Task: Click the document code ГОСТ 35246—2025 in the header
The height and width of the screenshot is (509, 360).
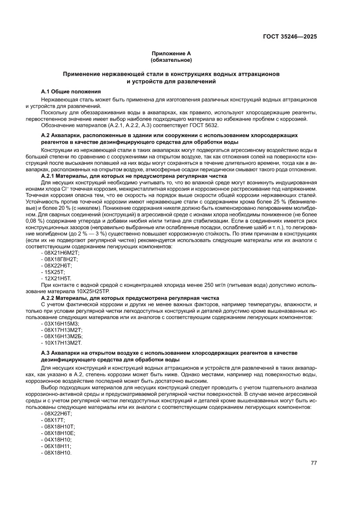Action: coord(289,37)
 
